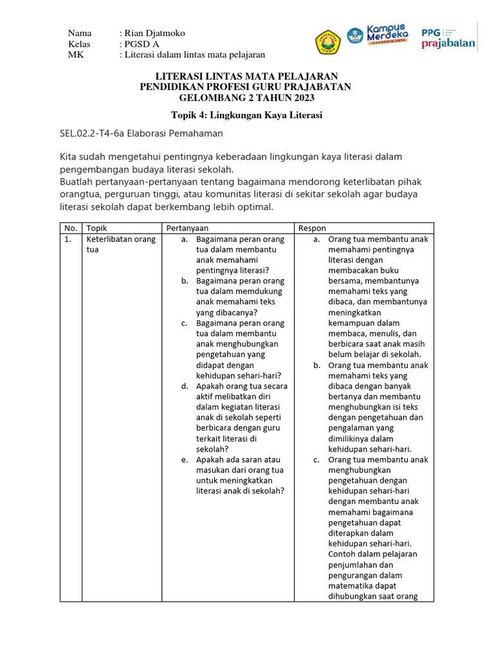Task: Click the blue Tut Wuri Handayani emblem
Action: pos(355,36)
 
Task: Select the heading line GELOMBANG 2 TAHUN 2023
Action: pos(246,97)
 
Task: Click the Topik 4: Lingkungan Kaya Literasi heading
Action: pos(246,115)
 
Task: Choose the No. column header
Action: pos(70,228)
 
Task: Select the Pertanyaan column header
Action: pos(187,228)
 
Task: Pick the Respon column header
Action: pos(312,228)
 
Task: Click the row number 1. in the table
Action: pos(68,239)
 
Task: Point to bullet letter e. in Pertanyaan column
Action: pos(184,459)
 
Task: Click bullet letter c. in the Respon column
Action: pos(316,459)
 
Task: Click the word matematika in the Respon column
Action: pos(352,586)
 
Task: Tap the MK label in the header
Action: pos(76,55)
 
